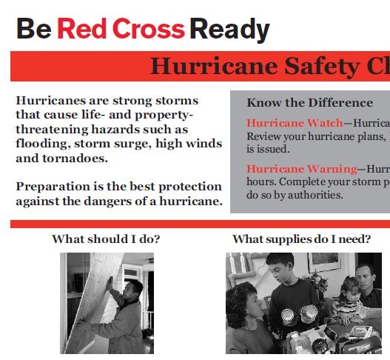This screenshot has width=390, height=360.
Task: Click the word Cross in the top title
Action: [149, 28]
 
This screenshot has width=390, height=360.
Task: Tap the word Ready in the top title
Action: [230, 30]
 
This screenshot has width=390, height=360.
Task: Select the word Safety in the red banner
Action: [322, 66]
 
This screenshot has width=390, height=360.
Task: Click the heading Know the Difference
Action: [309, 102]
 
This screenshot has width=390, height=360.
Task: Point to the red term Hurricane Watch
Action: [295, 123]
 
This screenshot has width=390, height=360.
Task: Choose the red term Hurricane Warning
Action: [302, 169]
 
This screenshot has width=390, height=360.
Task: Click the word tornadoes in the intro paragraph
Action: [75, 158]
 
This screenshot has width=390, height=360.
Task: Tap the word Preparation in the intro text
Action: [53, 187]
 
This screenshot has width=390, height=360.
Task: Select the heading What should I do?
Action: [106, 239]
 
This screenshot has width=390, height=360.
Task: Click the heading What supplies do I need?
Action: [302, 239]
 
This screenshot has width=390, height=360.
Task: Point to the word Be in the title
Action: [34, 28]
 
